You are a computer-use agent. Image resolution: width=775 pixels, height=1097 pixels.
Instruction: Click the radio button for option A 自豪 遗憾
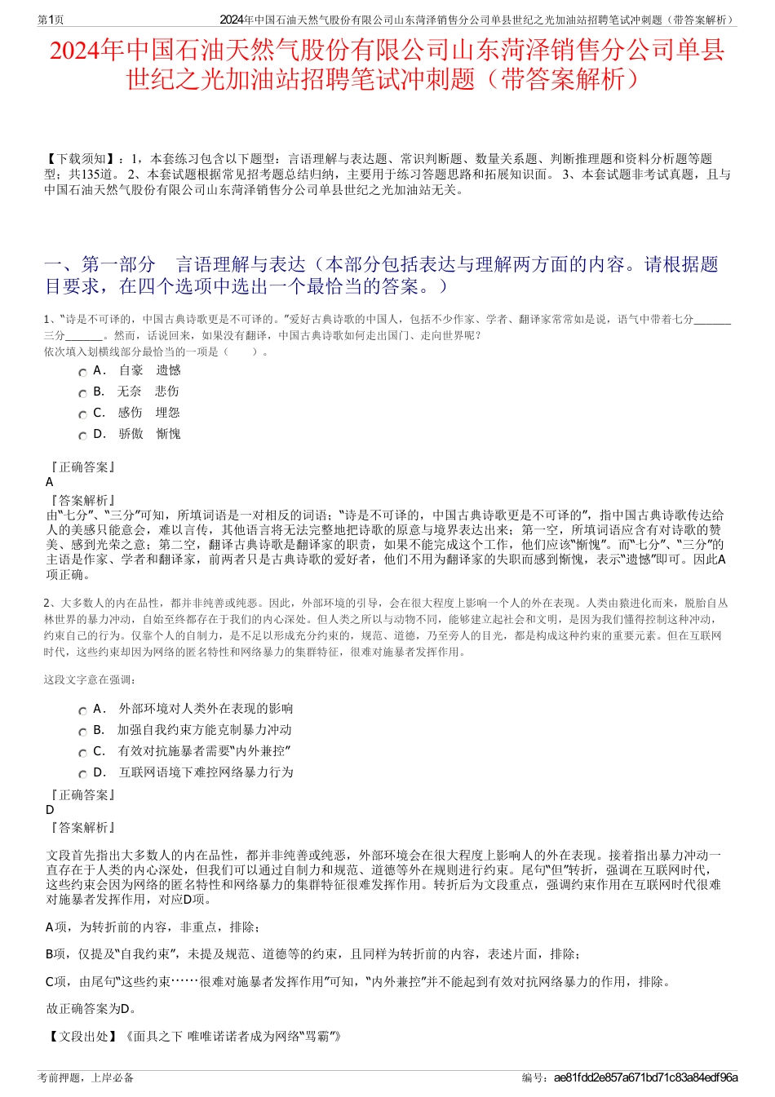82,372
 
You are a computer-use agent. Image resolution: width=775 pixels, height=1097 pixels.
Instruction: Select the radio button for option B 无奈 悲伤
82,393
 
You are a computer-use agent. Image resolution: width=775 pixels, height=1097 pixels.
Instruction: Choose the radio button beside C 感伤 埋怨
82,414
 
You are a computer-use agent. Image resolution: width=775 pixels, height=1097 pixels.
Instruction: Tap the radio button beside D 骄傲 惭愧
82,436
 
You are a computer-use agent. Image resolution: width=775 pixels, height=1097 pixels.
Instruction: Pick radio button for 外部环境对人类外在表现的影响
82,710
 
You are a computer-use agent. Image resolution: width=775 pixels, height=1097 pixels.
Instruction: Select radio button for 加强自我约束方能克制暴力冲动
82,732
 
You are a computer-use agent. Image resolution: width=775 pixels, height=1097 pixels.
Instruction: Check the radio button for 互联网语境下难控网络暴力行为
82,774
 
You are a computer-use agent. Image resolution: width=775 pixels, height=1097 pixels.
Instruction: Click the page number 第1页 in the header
51,20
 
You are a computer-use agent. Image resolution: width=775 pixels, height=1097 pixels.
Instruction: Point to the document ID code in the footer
645,1077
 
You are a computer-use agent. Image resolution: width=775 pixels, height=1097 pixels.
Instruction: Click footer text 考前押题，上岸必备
86,1077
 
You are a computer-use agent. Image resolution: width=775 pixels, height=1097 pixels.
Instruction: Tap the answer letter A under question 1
50,482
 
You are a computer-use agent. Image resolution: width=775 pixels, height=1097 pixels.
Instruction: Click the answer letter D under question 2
50,810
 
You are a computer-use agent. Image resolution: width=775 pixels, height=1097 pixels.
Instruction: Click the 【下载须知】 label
80,159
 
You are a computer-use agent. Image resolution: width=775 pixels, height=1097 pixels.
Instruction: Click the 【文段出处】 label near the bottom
82,1037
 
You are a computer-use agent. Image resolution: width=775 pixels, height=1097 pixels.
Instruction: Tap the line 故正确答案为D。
91,1009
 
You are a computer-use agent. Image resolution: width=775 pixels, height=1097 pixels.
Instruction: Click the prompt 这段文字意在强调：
90,679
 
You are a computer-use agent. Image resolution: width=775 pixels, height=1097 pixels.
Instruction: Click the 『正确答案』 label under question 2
82,794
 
